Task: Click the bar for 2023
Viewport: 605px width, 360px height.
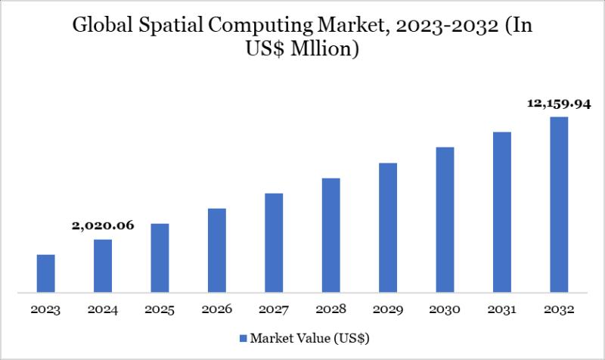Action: pos(45,273)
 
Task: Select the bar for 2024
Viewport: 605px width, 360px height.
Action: pos(103,265)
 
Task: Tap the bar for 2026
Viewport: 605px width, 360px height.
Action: pos(217,250)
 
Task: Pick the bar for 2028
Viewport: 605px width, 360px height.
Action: pos(330,234)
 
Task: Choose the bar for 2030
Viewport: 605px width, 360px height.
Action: pos(445,219)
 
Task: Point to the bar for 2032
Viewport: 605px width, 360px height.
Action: pos(559,204)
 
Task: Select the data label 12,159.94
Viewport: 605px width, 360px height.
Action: pos(558,104)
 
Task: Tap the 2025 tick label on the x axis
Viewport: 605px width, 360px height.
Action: pos(160,309)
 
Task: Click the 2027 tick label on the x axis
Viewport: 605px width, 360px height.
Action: pos(274,309)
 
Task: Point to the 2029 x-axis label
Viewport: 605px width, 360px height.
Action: pos(388,309)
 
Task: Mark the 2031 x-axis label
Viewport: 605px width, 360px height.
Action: pos(502,309)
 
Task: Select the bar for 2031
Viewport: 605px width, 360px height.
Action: pos(502,212)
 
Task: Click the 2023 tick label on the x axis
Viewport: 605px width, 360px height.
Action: pos(45,309)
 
